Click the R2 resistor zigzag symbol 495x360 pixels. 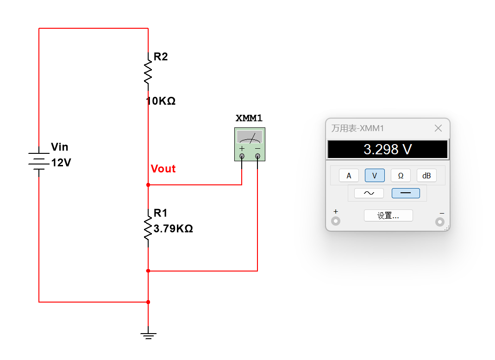148,72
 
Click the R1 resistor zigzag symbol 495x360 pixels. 148,228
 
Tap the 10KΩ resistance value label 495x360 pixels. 161,101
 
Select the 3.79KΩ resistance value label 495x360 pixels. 173,228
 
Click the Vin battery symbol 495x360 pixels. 39,161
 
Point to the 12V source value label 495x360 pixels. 61,163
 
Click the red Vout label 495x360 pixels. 163,169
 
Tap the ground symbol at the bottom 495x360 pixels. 148,336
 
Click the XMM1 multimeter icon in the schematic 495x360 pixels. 250,144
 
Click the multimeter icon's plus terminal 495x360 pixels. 242,156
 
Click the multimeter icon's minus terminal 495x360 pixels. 257,156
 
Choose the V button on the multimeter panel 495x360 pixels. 375,176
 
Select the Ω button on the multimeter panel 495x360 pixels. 401,176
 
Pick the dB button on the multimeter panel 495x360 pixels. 426,176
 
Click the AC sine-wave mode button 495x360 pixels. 369,193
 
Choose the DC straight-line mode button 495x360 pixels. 406,193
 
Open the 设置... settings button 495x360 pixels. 388,215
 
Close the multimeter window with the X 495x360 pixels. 438,128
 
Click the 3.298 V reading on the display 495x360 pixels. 388,149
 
